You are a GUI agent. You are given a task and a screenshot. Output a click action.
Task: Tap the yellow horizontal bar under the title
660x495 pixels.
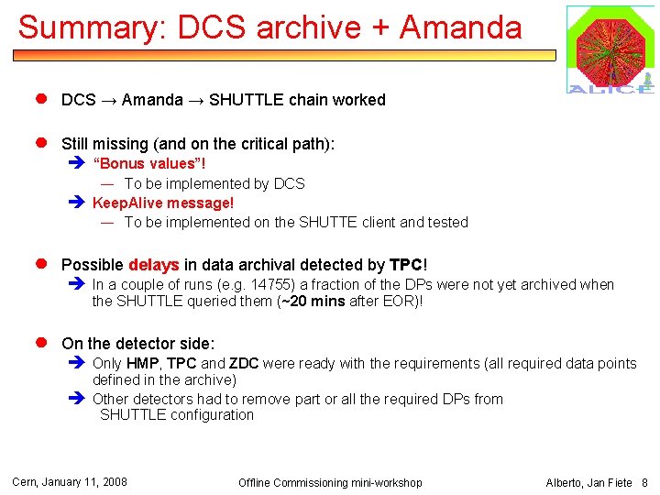284,56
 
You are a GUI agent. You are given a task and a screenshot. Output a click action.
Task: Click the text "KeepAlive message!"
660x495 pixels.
163,203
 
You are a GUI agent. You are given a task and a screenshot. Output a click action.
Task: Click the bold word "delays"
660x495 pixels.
154,265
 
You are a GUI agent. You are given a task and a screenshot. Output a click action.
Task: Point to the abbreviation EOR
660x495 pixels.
401,301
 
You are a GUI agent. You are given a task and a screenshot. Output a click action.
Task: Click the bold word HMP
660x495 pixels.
142,363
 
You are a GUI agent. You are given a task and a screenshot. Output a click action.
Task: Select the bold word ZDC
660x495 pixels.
244,363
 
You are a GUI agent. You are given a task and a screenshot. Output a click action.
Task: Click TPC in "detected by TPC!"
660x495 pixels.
406,265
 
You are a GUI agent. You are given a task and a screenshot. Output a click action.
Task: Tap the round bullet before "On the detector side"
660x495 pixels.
41,343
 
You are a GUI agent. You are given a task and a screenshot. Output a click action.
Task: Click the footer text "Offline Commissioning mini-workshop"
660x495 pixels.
330,482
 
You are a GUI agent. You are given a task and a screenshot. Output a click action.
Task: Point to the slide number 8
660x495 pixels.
644,482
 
